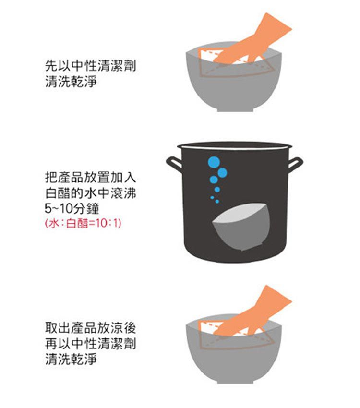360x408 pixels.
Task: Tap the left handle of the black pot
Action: [x=173, y=163]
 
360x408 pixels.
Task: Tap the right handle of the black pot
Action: [x=296, y=163]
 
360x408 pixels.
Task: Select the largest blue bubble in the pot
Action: [x=214, y=162]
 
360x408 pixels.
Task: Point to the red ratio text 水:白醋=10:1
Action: [x=82, y=223]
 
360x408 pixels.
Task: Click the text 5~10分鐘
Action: [x=72, y=208]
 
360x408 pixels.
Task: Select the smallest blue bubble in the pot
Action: [x=212, y=197]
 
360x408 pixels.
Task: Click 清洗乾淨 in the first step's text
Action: [x=71, y=81]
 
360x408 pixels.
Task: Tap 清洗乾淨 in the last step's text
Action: [x=71, y=359]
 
